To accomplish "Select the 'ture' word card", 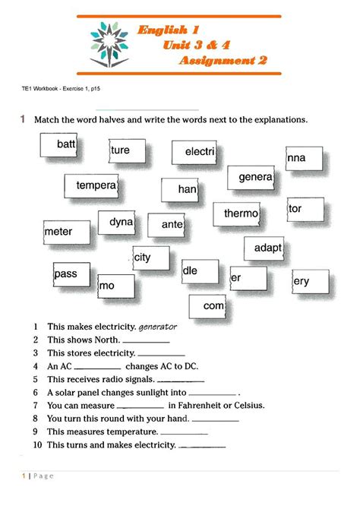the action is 122,150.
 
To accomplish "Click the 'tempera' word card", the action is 96,185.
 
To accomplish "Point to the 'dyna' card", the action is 122,223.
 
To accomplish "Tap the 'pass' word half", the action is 67,273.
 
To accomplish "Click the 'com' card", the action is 213,305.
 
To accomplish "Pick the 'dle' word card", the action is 191,270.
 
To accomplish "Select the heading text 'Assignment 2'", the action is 223,61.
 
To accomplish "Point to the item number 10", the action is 36,445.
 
